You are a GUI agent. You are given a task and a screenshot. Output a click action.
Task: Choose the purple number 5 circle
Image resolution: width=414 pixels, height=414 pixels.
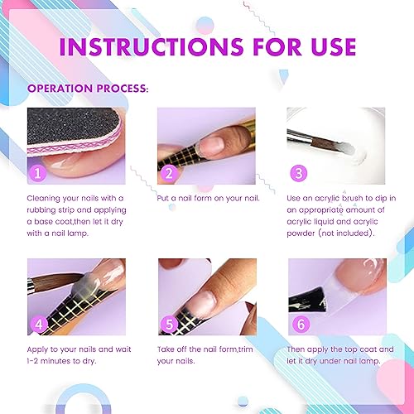pyautogui.click(x=169, y=324)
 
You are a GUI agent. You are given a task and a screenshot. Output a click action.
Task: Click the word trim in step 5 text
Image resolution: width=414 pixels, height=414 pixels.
pyautogui.click(x=247, y=350)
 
